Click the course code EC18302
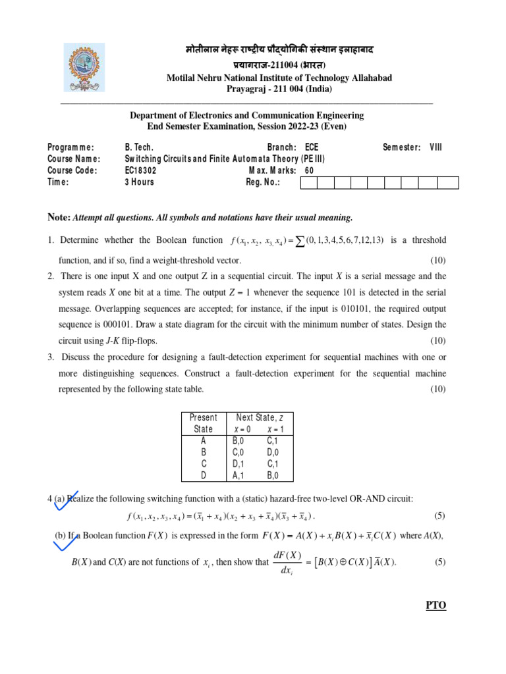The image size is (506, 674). click(x=141, y=170)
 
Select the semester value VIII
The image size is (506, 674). click(x=436, y=147)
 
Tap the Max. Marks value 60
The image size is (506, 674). click(x=310, y=170)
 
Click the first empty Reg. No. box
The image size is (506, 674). click(x=308, y=182)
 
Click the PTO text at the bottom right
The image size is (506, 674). click(x=436, y=605)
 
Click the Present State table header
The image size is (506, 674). click(x=203, y=423)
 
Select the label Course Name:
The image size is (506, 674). click(x=74, y=159)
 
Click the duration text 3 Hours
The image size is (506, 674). click(x=140, y=182)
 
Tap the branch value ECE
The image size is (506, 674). click(x=312, y=147)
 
